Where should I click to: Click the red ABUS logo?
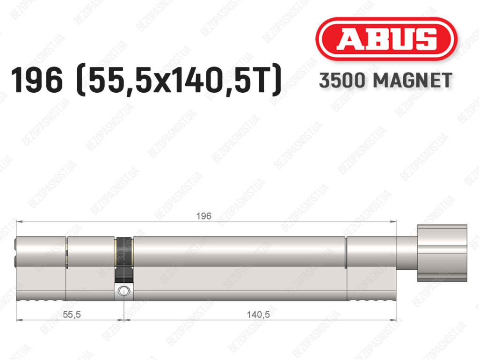coord(386,39)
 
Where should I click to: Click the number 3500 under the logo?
coord(342,81)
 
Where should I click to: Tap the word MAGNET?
coord(413,81)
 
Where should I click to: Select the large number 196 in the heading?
coord(37,80)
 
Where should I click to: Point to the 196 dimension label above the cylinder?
coord(204,216)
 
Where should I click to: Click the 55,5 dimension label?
coord(72,314)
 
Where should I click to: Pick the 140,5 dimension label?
coord(258,314)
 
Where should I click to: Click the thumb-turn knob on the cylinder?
coord(442,253)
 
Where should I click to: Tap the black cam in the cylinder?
coord(123,259)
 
